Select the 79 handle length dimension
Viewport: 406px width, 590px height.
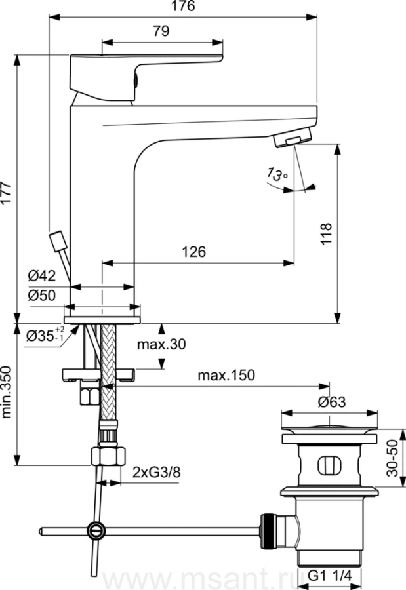coord(161,31)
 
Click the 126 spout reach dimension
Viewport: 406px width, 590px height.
coord(194,252)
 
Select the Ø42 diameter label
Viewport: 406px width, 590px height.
coord(41,275)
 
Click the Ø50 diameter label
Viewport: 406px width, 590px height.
coord(41,295)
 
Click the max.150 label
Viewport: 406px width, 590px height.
coord(226,375)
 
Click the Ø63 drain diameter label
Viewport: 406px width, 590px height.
coord(331,402)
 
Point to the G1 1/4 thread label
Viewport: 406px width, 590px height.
coord(332,576)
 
